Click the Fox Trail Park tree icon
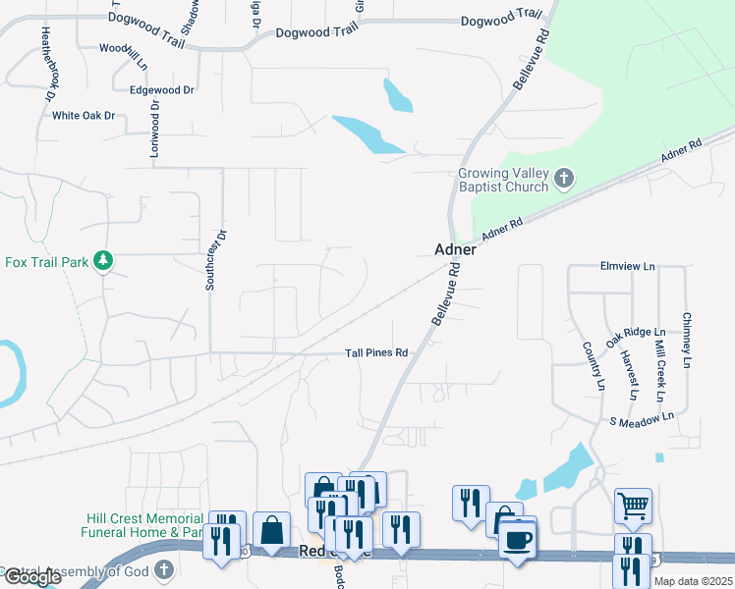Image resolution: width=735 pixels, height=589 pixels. pyautogui.click(x=102, y=261)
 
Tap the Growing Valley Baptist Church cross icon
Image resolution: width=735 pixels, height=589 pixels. pyautogui.click(x=564, y=179)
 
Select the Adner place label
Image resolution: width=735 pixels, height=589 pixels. pyautogui.click(x=455, y=249)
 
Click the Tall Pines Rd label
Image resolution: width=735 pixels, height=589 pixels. pyautogui.click(x=375, y=353)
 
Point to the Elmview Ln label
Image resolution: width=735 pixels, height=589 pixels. pyautogui.click(x=627, y=266)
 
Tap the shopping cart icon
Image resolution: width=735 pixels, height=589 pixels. pyautogui.click(x=633, y=507)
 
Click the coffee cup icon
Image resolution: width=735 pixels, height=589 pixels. pyautogui.click(x=518, y=538)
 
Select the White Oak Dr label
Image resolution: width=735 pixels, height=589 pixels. pyautogui.click(x=84, y=115)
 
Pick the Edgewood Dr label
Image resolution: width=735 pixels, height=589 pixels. pyautogui.click(x=162, y=89)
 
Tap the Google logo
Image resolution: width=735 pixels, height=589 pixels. pyautogui.click(x=31, y=578)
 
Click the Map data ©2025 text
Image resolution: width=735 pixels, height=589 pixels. pyautogui.click(x=693, y=581)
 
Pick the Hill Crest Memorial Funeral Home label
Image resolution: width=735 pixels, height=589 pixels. pyautogui.click(x=142, y=525)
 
